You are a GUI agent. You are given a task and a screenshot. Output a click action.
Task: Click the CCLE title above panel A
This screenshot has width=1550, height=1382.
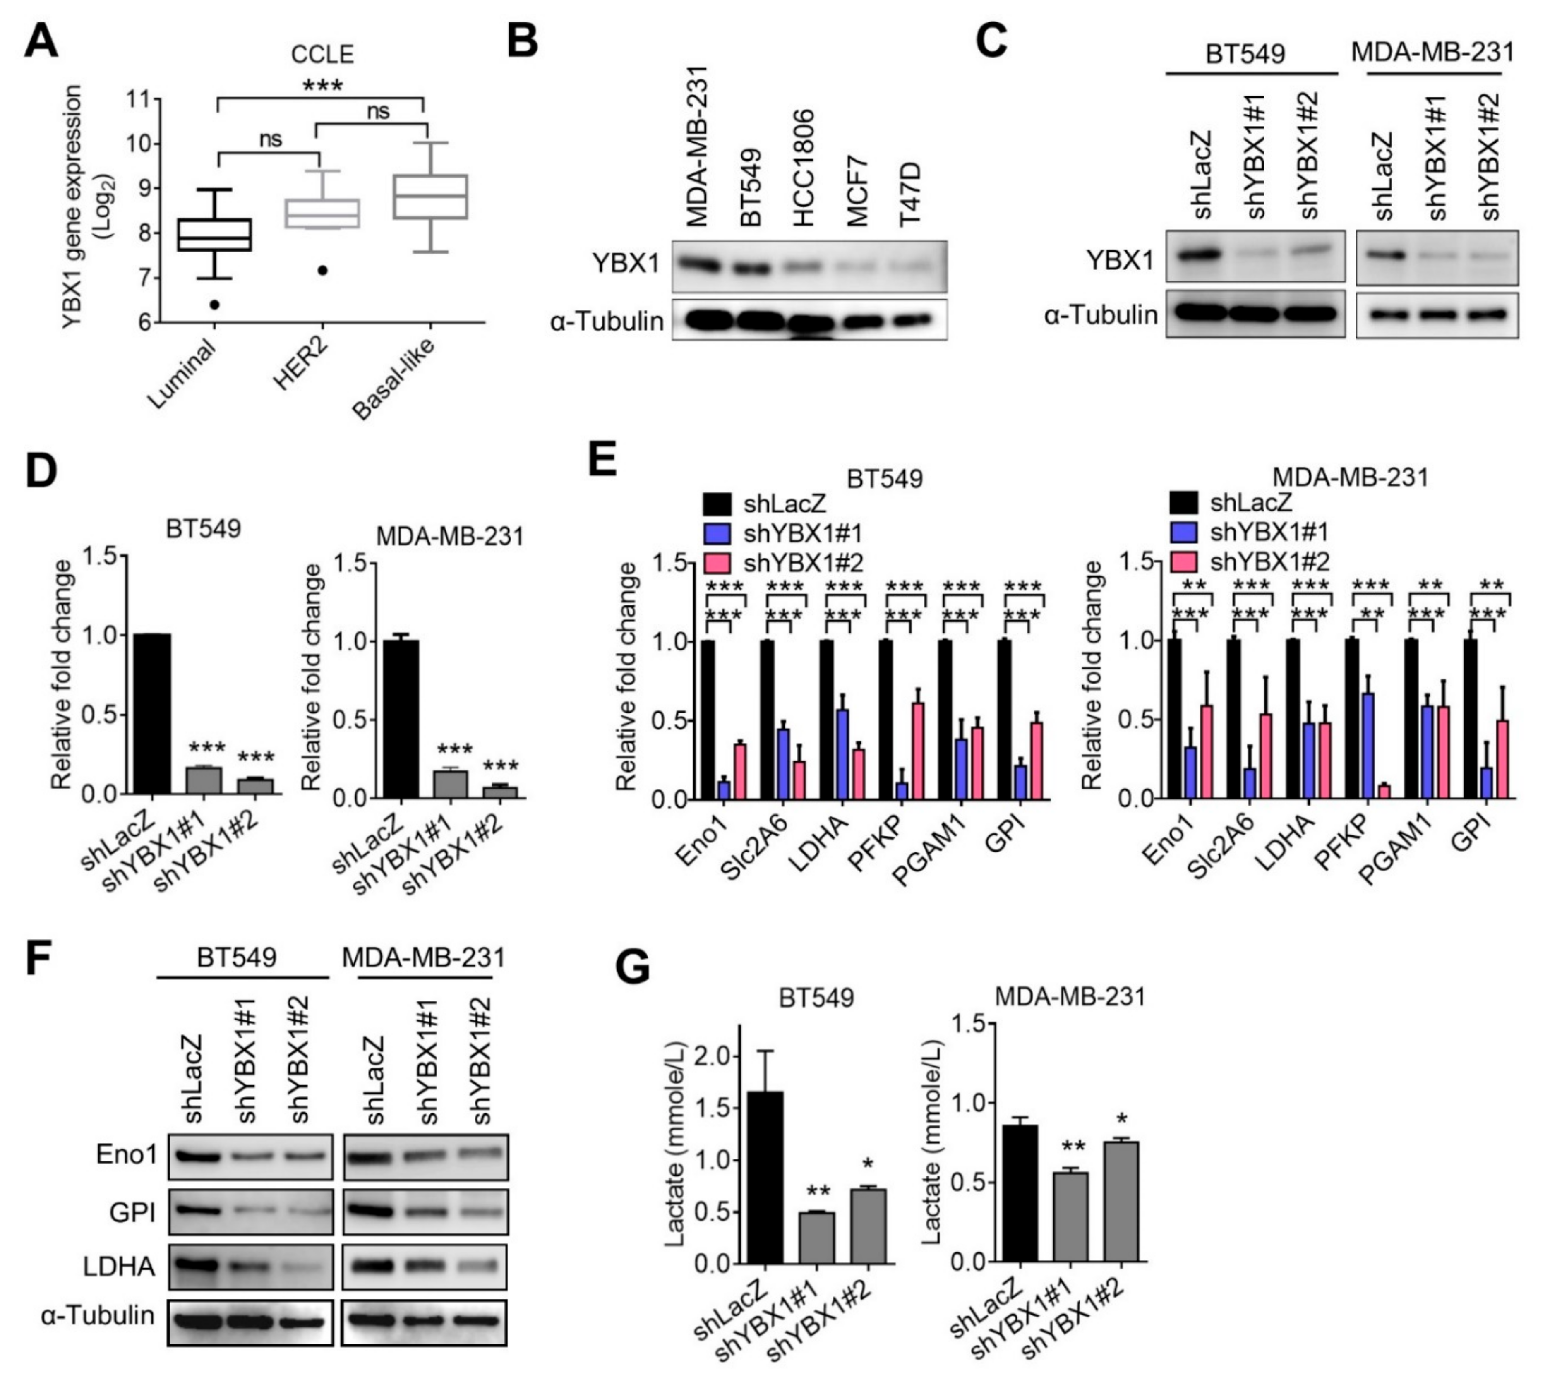click(x=323, y=55)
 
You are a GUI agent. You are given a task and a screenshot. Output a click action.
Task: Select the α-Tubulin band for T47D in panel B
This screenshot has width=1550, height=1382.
click(x=916, y=320)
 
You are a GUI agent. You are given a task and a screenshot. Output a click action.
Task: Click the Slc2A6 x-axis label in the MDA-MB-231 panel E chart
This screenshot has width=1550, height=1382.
click(x=1221, y=848)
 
